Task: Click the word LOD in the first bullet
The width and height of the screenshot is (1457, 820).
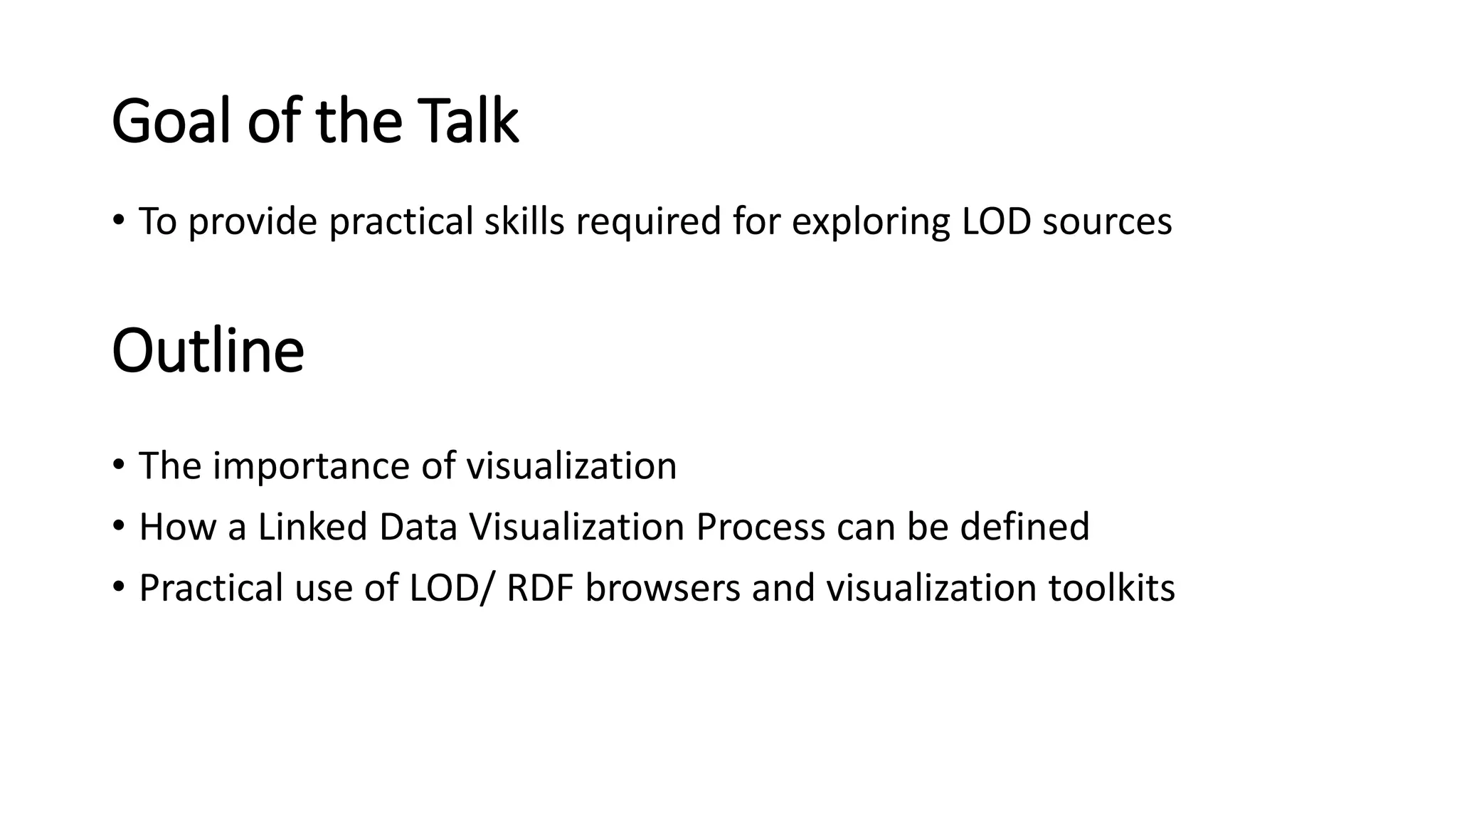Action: (x=996, y=221)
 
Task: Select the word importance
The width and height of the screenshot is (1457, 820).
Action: (x=311, y=467)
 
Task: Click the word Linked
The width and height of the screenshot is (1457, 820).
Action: (x=312, y=527)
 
